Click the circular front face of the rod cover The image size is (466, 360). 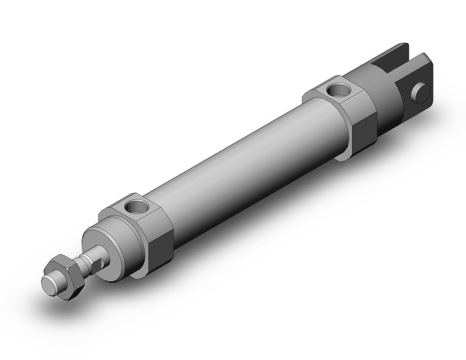click(104, 251)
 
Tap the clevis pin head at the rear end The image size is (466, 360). click(421, 92)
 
